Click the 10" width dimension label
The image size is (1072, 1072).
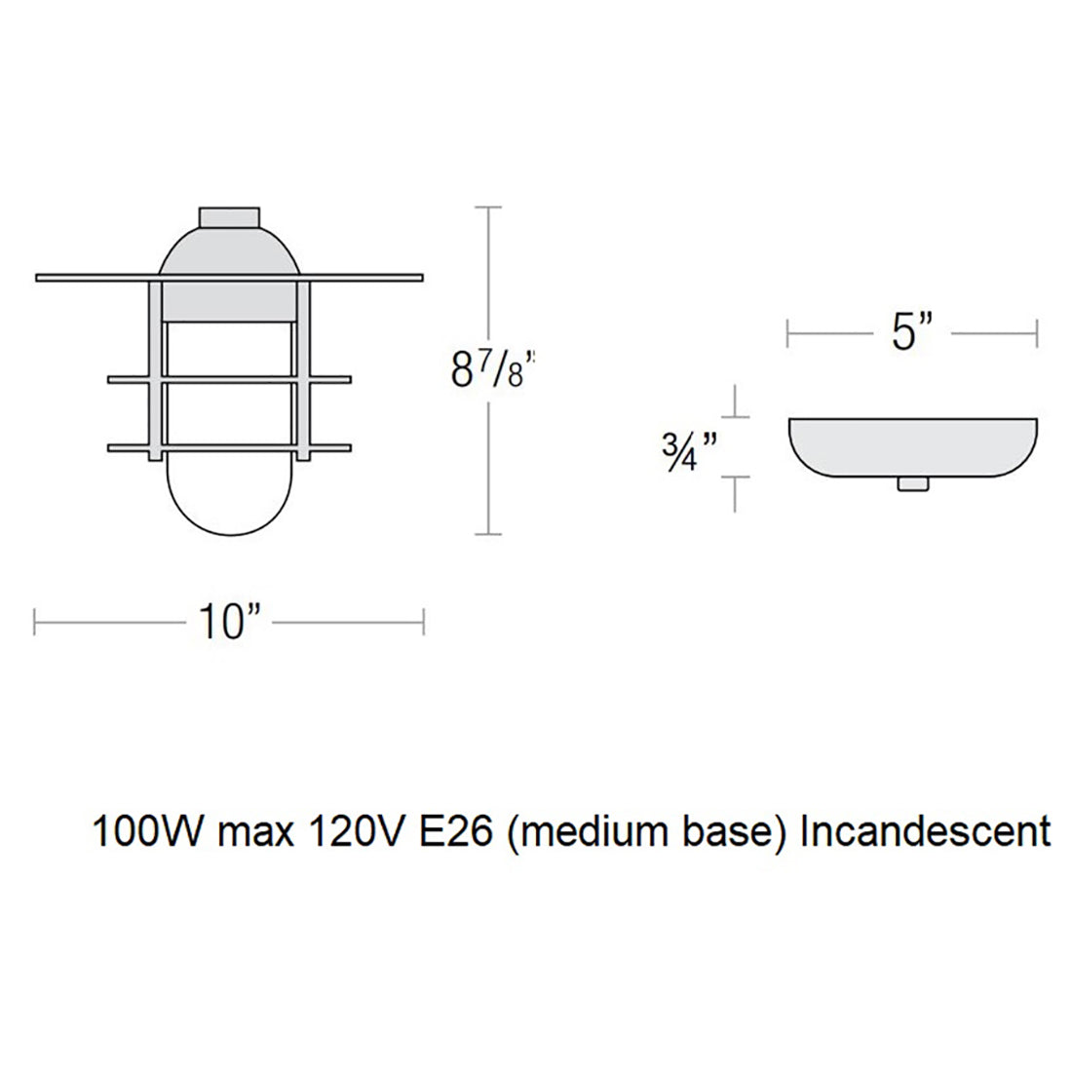[x=230, y=621]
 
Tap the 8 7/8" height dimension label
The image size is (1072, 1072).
[x=493, y=370]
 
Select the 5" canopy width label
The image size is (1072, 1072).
[x=911, y=334]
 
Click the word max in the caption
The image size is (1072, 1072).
[x=247, y=833]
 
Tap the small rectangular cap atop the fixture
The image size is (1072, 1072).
[x=229, y=216]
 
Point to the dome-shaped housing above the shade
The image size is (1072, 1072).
[x=229, y=251]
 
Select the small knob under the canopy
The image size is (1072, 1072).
[x=911, y=484]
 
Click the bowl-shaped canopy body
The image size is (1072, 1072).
[x=911, y=445]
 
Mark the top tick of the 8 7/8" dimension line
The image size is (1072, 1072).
[x=487, y=208]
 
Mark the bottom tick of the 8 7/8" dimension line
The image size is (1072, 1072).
[x=487, y=534]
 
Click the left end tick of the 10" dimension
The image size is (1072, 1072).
[x=36, y=621]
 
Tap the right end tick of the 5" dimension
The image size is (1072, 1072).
[x=1037, y=334]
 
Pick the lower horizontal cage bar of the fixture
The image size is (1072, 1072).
[x=229, y=448]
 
